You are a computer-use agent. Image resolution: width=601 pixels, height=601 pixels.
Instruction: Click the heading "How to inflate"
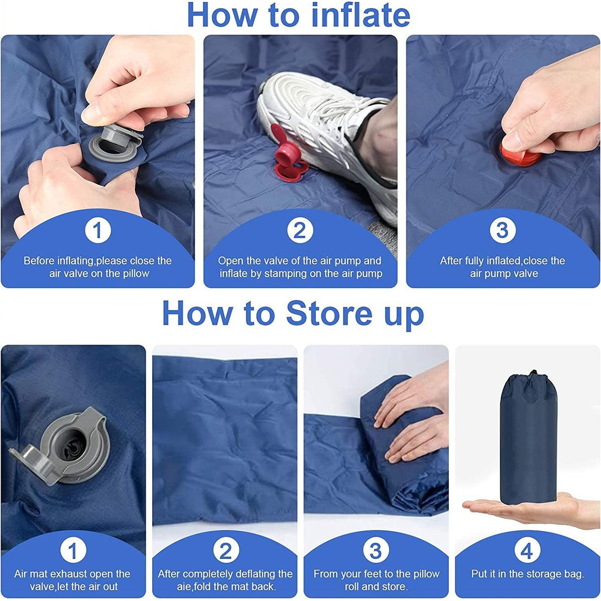(x=298, y=15)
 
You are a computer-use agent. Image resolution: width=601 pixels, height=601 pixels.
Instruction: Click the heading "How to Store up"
(x=293, y=314)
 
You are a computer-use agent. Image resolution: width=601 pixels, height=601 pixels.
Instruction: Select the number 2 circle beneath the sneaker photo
(x=299, y=231)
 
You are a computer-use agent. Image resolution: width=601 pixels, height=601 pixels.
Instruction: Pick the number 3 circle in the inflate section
(x=502, y=231)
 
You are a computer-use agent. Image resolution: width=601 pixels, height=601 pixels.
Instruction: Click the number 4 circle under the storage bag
(x=527, y=551)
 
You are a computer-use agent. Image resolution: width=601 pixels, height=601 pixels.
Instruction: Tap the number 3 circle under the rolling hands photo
(x=376, y=551)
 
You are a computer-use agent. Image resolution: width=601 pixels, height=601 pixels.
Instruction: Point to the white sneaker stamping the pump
(x=321, y=125)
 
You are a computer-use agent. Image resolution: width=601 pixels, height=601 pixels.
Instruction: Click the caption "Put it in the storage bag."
(x=527, y=574)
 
